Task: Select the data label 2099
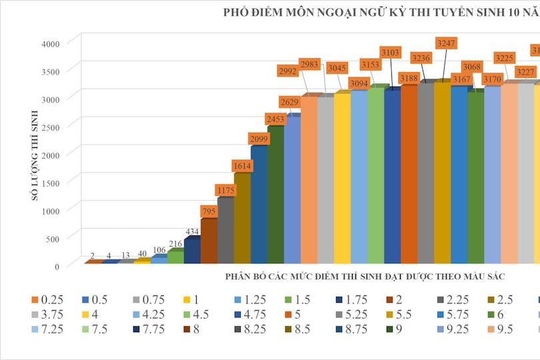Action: (x=259, y=138)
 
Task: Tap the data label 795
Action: (x=209, y=211)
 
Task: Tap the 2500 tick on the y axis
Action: (x=50, y=127)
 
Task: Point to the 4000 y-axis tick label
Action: (x=50, y=44)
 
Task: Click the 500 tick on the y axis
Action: (x=53, y=239)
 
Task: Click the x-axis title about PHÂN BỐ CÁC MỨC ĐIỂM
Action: (x=365, y=275)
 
